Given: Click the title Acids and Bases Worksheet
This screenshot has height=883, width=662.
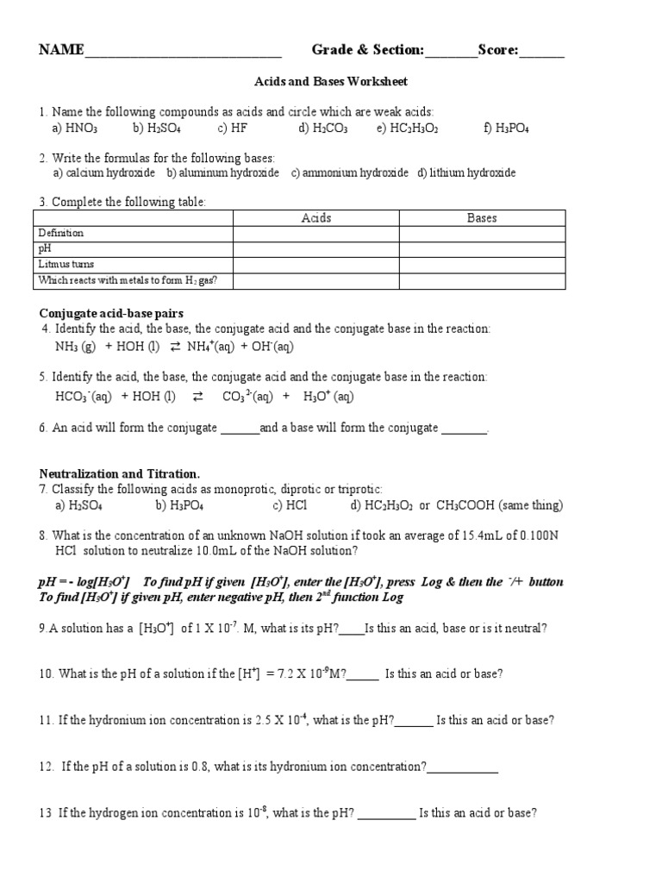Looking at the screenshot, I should coord(330,82).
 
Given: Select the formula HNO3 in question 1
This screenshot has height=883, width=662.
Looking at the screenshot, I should coord(82,128).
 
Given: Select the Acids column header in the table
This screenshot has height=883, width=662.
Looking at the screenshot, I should coord(316,218).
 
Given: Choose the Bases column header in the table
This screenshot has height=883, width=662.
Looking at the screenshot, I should coord(482,218).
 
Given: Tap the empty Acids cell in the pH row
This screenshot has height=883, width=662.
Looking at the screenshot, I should coord(316,249).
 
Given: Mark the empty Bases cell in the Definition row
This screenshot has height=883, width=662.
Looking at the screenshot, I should coord(482,234).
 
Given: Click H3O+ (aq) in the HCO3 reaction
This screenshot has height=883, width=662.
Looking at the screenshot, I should coord(328,397).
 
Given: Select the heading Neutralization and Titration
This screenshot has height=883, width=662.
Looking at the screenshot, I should coord(119,473).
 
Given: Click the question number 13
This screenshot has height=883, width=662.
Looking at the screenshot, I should coord(46,812).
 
